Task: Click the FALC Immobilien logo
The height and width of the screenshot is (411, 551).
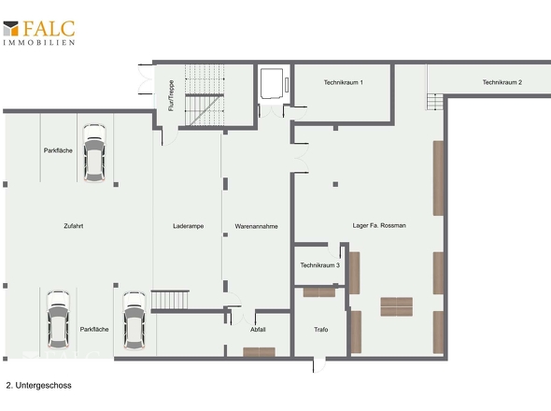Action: (39, 33)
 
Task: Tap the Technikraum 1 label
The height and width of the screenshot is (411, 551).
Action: (344, 82)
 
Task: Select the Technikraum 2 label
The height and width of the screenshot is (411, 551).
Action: (502, 82)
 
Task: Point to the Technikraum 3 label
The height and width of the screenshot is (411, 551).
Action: (319, 265)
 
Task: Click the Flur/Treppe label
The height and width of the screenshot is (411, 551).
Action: (171, 95)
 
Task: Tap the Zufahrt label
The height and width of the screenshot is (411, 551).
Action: (74, 226)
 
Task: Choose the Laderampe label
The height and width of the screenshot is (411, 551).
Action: (189, 226)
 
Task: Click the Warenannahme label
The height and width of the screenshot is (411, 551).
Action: (256, 226)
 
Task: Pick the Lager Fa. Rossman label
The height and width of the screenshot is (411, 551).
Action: (379, 225)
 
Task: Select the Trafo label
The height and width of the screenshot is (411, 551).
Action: (321, 330)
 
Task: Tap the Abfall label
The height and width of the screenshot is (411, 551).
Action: (258, 330)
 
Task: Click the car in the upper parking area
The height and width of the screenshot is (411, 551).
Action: (94, 153)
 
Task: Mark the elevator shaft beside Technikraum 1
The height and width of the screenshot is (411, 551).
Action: (274, 84)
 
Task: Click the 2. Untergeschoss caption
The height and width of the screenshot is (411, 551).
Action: (38, 386)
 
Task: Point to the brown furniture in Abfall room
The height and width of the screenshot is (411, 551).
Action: (259, 352)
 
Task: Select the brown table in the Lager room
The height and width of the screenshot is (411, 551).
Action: (396, 306)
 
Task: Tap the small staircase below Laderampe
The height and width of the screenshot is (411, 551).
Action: (170, 300)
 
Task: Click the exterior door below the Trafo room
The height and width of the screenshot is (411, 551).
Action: (319, 365)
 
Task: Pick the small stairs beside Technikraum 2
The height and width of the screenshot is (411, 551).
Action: (435, 102)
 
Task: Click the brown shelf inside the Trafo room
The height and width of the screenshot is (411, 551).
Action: (319, 292)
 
